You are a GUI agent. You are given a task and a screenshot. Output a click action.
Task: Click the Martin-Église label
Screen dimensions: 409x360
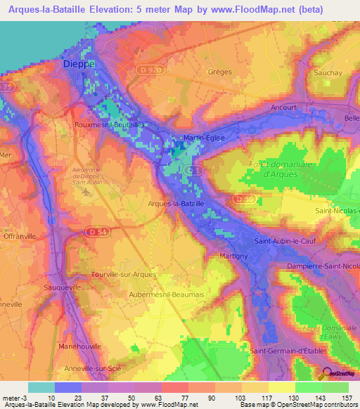click(203, 138)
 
